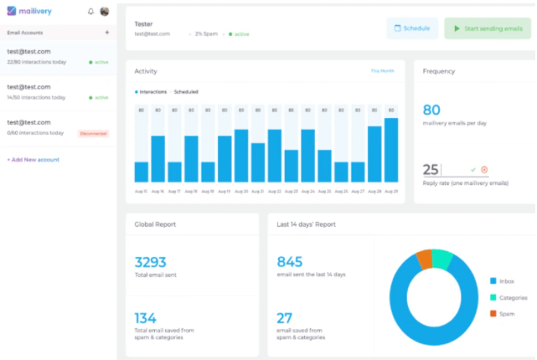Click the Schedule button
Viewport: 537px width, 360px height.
(411, 28)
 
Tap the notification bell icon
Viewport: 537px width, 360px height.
(90, 12)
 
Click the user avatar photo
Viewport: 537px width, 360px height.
(104, 12)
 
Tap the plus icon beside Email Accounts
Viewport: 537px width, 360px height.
(106, 33)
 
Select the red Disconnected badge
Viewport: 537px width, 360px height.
(93, 133)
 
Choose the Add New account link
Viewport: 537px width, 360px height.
(34, 159)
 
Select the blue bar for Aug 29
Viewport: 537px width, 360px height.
(391, 151)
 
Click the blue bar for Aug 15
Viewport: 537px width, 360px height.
(141, 172)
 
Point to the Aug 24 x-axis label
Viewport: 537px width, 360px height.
(307, 191)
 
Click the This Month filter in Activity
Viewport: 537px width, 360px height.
(382, 71)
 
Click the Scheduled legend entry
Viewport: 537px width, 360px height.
(185, 91)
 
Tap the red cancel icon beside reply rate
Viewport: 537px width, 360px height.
(484, 169)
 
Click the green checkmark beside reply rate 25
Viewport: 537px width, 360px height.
(473, 169)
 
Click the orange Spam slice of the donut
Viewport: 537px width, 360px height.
(425, 260)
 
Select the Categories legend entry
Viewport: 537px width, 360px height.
(510, 297)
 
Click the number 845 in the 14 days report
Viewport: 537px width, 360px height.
(290, 261)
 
